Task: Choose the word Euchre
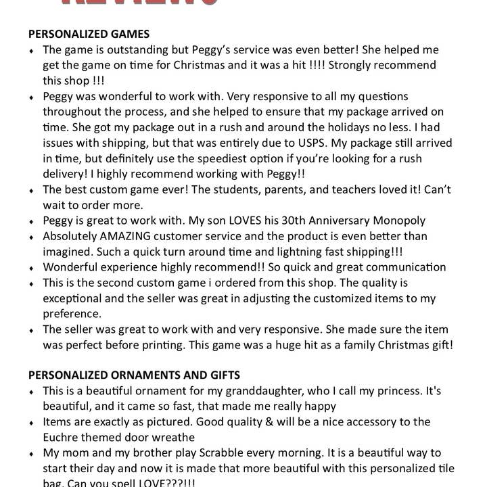tap(63, 438)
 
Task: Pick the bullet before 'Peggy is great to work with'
tap(32, 222)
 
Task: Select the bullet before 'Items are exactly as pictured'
tap(32, 423)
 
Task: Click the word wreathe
tap(172, 438)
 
